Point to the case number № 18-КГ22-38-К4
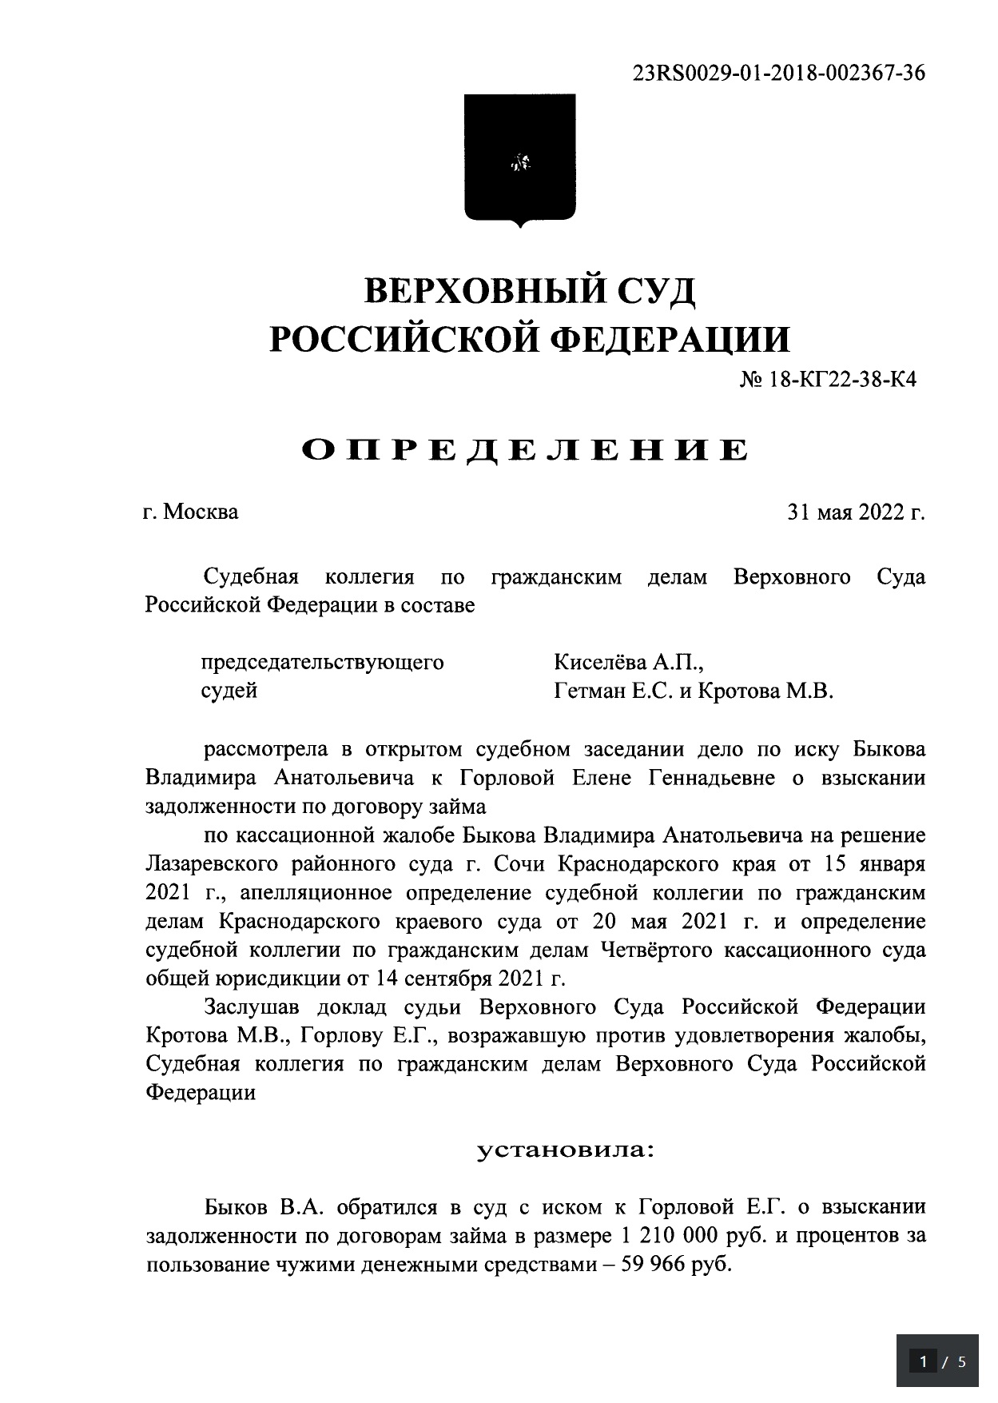click(828, 380)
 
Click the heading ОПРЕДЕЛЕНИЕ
click(525, 450)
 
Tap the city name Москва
click(201, 512)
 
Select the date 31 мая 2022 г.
click(856, 512)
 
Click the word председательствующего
click(322, 663)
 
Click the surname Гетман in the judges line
click(590, 691)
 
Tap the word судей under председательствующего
click(229, 691)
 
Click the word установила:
click(565, 1151)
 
